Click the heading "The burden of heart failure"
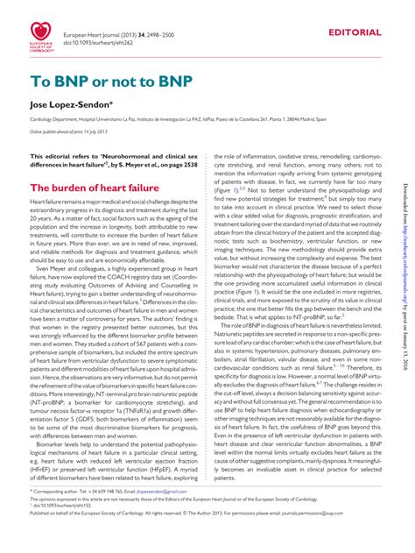coord(95,188)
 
